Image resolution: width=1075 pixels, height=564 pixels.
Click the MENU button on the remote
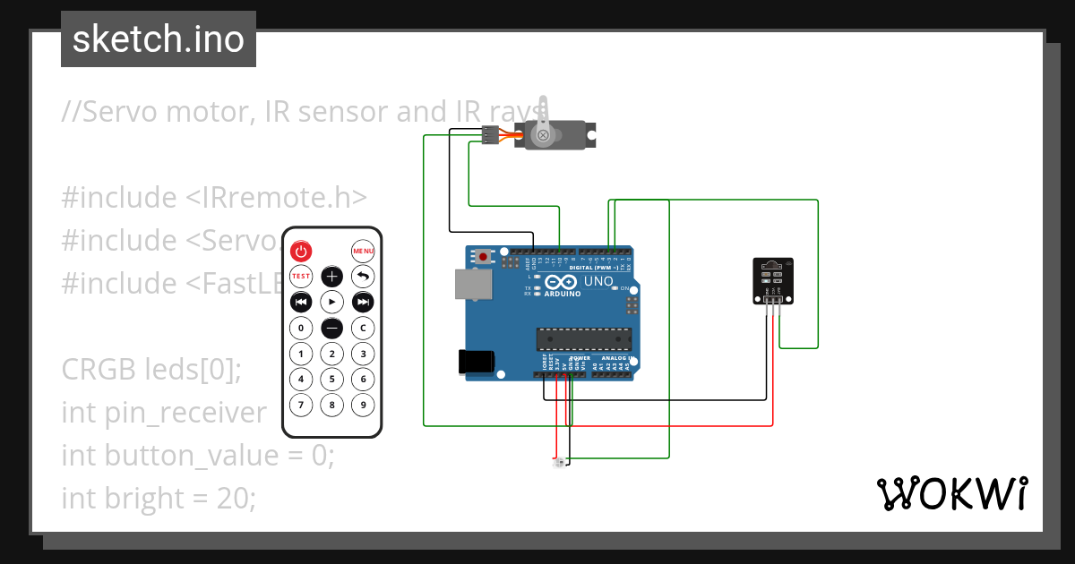pos(363,251)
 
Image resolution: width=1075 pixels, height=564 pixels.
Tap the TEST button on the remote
pos(301,276)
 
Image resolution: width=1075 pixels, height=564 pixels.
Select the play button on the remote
pos(331,302)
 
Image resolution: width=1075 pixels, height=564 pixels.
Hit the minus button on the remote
pos(331,328)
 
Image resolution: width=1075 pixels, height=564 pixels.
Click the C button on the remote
pos(363,328)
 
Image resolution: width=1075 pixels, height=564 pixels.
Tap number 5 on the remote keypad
pos(331,380)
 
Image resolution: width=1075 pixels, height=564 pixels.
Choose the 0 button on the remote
pos(301,328)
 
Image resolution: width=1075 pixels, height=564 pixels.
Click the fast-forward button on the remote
pos(363,302)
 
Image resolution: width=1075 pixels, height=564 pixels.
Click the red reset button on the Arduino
pos(485,257)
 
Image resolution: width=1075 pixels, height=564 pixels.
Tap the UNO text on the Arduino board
pos(598,282)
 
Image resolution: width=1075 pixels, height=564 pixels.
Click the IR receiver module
pos(772,281)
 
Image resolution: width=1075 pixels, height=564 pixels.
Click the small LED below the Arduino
pos(558,463)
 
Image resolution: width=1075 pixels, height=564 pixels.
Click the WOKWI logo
pos(951,493)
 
